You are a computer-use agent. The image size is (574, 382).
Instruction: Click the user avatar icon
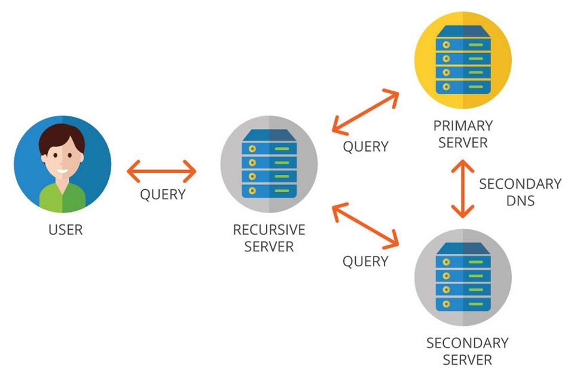(x=62, y=165)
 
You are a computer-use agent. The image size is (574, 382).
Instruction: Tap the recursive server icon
(x=269, y=165)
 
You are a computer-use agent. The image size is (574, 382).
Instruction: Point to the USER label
(x=66, y=229)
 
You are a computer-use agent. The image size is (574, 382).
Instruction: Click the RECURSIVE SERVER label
(x=269, y=238)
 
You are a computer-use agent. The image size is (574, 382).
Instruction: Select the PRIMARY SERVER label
(x=463, y=134)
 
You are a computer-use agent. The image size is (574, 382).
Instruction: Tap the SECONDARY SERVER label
(x=467, y=352)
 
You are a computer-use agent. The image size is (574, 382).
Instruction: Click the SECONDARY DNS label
(x=520, y=192)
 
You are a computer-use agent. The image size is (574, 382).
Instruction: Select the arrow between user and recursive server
(x=161, y=172)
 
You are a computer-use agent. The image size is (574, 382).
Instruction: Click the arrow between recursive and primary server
(x=365, y=112)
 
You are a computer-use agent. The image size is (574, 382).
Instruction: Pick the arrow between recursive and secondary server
(x=365, y=225)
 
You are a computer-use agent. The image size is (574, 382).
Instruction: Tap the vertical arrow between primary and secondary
(x=463, y=188)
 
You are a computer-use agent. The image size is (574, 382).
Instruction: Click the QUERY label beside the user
(x=162, y=195)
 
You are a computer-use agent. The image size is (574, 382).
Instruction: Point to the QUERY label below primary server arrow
(x=365, y=146)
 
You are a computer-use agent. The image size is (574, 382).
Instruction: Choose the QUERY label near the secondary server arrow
(x=365, y=261)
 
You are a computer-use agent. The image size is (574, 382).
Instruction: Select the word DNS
(x=520, y=201)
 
